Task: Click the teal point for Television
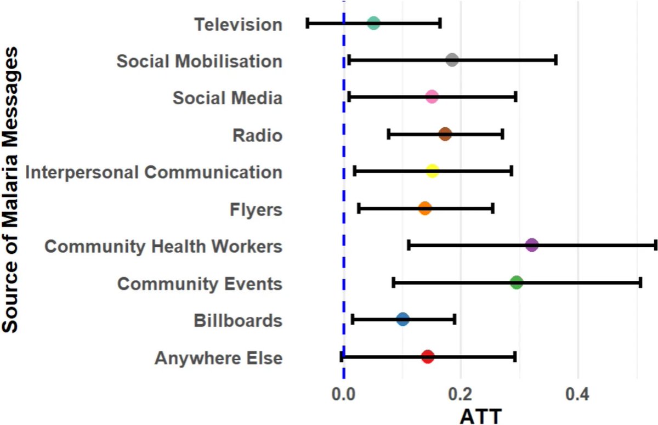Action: coord(373,23)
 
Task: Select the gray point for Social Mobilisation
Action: coord(452,60)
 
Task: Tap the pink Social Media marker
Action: coord(432,97)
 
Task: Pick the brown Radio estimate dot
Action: coord(445,134)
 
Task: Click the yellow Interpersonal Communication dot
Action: coord(432,171)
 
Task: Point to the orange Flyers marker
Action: coord(424,208)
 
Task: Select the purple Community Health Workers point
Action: coord(531,245)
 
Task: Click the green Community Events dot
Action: coord(516,282)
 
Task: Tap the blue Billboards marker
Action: coord(402,319)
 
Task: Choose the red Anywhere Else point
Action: coord(428,356)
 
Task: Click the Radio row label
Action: coord(257,135)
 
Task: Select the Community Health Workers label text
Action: coord(163,246)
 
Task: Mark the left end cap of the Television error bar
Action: coord(308,23)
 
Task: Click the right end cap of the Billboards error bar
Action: coord(455,319)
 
